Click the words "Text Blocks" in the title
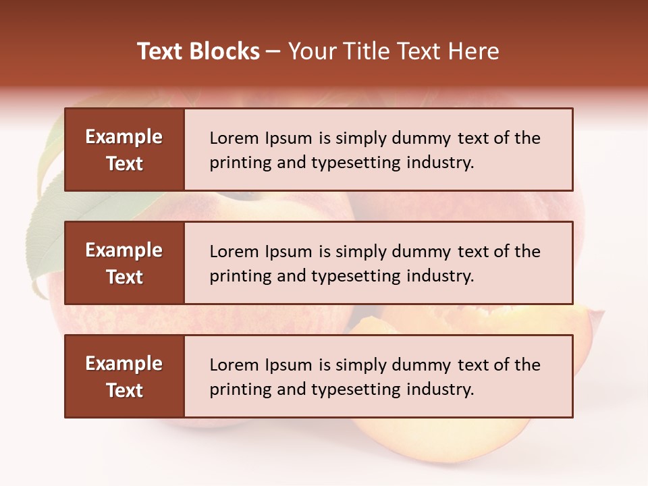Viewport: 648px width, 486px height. [x=198, y=51]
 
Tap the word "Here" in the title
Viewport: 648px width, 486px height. [x=475, y=51]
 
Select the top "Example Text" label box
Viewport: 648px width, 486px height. [x=124, y=150]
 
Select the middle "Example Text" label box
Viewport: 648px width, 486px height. [x=124, y=263]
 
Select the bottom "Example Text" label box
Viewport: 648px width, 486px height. [x=124, y=377]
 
